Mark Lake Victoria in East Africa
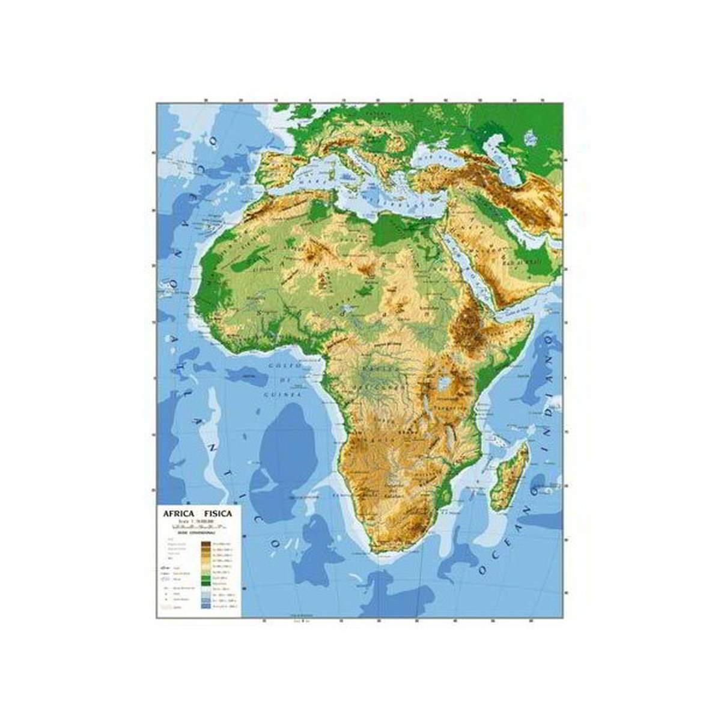pyautogui.click(x=445, y=382)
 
